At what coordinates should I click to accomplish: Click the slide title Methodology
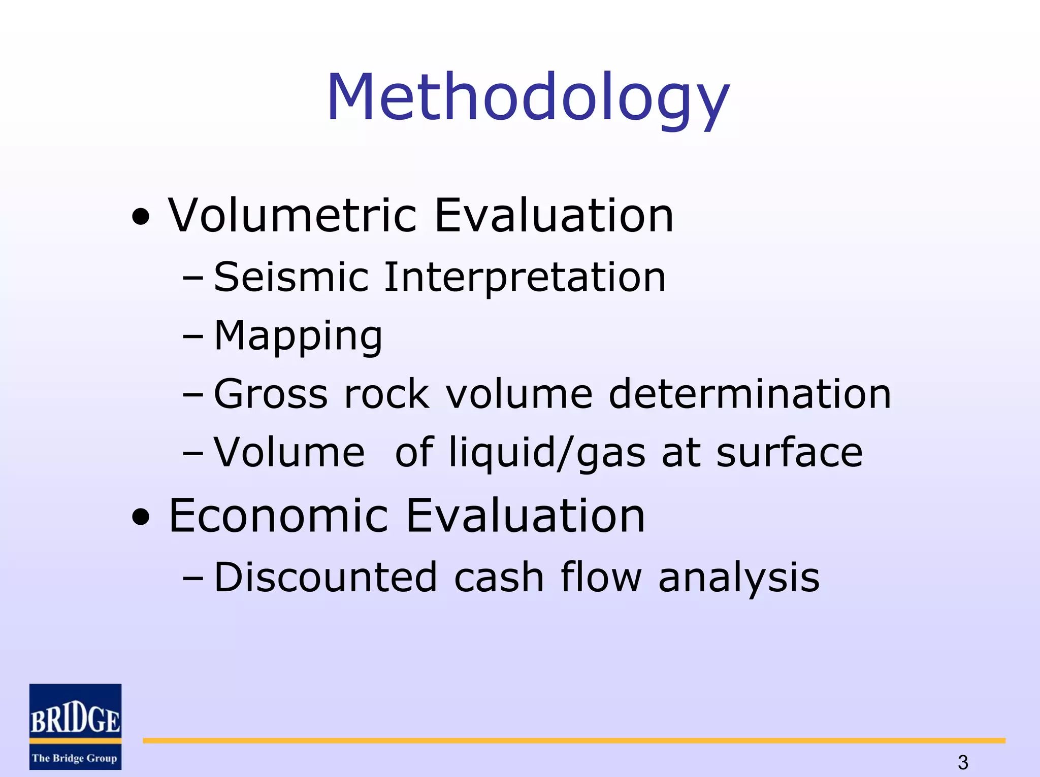[528, 97]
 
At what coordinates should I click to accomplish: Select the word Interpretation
[525, 278]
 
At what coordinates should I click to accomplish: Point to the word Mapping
[298, 336]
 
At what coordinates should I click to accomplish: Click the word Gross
[271, 394]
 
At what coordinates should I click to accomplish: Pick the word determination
[750, 394]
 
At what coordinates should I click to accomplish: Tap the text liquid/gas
[547, 453]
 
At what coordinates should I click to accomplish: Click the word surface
[789, 453]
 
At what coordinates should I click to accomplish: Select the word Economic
[278, 516]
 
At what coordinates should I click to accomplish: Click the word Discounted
[326, 578]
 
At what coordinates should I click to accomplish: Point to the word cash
[499, 578]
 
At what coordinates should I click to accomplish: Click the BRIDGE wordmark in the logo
[75, 719]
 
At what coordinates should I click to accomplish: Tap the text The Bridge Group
[75, 758]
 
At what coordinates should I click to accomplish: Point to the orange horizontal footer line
[574, 741]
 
